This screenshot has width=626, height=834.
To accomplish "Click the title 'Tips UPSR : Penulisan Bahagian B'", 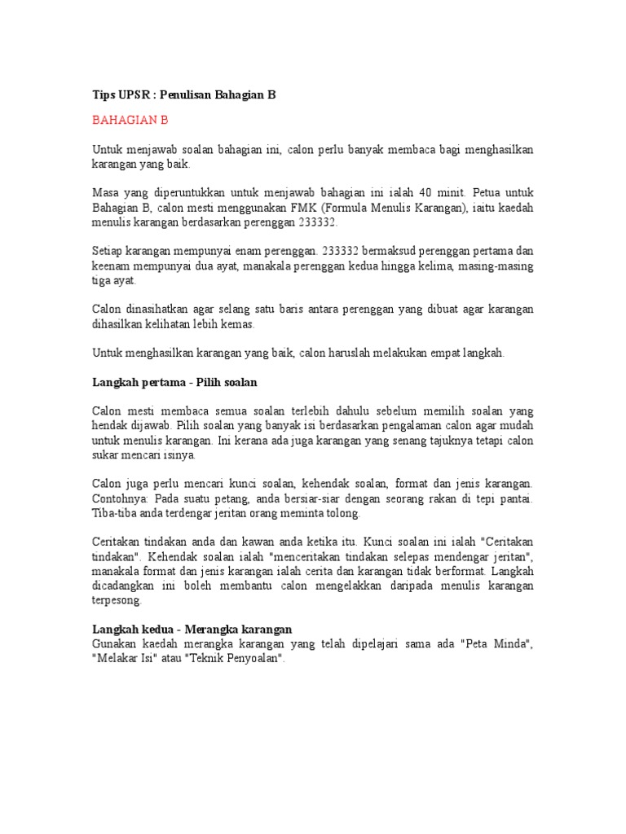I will point(183,94).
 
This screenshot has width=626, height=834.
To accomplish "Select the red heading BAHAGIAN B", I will point(130,120).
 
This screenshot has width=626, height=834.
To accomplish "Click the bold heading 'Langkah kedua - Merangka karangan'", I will point(192,630).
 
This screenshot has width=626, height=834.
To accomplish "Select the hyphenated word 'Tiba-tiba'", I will point(115,513).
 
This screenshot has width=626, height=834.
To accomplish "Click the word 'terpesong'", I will point(117,600).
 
